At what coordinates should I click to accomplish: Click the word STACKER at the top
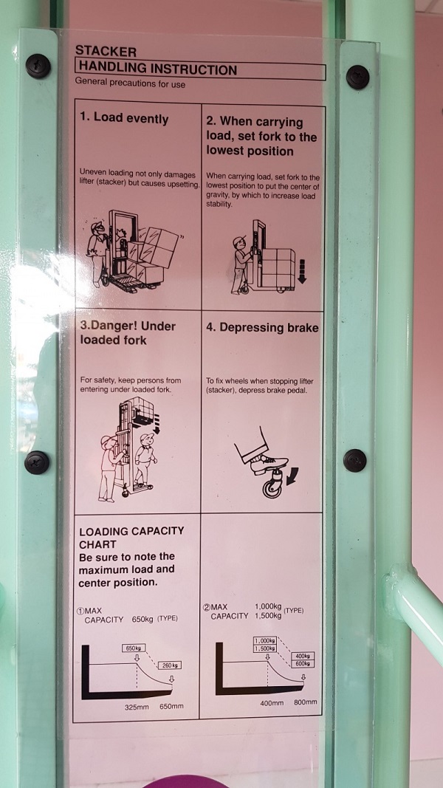(x=106, y=51)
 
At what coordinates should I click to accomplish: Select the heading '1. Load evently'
(x=124, y=119)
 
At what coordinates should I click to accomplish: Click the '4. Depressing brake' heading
(x=262, y=328)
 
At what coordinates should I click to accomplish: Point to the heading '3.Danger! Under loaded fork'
(x=128, y=332)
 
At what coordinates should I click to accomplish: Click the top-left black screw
(x=38, y=66)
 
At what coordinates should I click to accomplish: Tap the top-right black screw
(x=357, y=77)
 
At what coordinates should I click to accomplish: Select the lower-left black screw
(x=37, y=462)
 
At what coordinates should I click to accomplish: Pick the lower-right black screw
(x=354, y=460)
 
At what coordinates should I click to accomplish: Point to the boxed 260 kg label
(x=169, y=665)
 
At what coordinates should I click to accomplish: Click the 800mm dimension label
(x=306, y=702)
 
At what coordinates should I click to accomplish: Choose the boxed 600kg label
(x=303, y=663)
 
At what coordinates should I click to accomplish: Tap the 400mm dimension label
(x=272, y=702)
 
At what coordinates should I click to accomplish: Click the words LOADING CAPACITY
(x=131, y=531)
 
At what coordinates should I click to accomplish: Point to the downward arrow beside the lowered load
(x=302, y=271)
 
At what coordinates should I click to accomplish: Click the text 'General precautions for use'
(x=130, y=84)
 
